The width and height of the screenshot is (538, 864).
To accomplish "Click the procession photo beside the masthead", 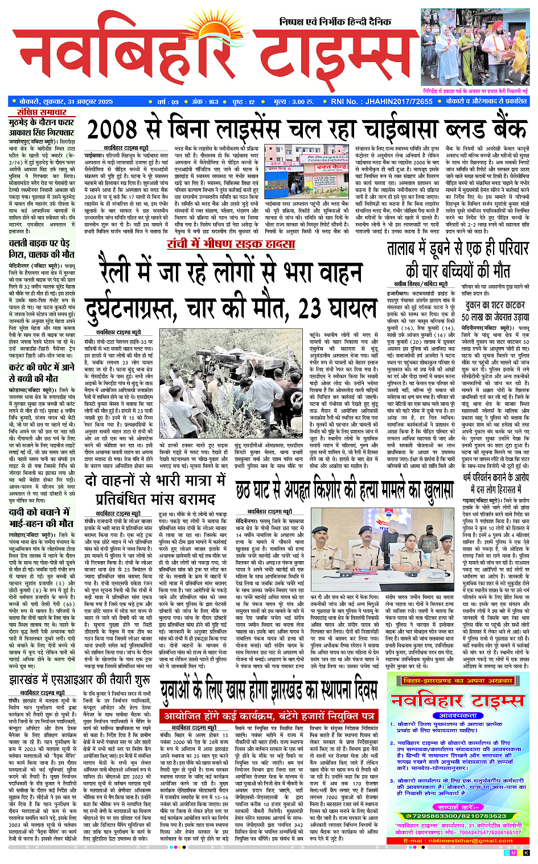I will (475, 47).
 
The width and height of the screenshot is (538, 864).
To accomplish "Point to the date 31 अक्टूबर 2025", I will (83, 101).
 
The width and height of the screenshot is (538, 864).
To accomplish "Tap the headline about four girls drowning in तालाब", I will (458, 259).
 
